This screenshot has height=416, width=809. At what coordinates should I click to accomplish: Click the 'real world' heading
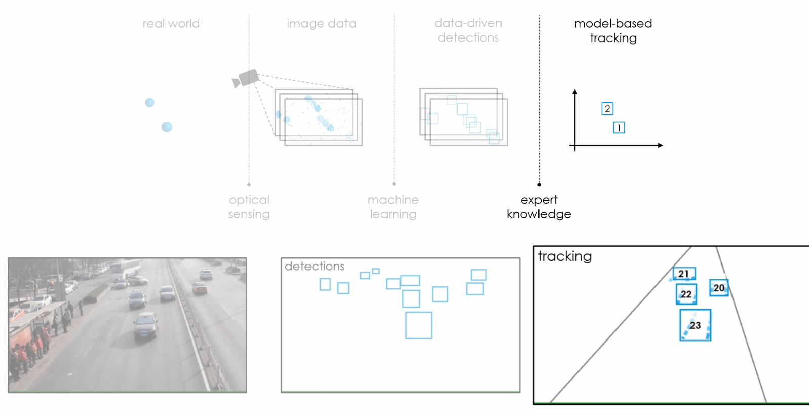pyautogui.click(x=171, y=24)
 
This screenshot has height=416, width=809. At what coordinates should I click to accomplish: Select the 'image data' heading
pyautogui.click(x=321, y=24)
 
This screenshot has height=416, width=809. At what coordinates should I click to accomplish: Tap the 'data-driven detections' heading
pyautogui.click(x=468, y=30)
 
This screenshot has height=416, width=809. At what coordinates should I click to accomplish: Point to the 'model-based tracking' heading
pyautogui.click(x=613, y=30)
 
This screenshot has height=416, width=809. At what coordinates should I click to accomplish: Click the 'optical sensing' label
pyautogui.click(x=249, y=207)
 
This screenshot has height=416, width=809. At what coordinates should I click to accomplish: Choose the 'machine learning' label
pyautogui.click(x=393, y=207)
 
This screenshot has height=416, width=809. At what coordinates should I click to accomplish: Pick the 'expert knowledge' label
pyautogui.click(x=538, y=207)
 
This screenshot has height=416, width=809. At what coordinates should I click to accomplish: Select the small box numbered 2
pyautogui.click(x=607, y=108)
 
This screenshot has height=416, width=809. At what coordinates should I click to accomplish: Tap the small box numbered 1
pyautogui.click(x=619, y=128)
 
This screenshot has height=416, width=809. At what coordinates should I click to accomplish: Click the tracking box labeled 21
pyautogui.click(x=684, y=274)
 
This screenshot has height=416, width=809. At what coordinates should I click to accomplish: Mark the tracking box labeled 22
pyautogui.click(x=686, y=294)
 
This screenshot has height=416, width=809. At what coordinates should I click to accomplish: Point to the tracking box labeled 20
pyautogui.click(x=719, y=288)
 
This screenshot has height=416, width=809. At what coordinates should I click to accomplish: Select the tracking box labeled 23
pyautogui.click(x=695, y=325)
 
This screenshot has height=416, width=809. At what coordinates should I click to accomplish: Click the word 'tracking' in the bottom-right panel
pyautogui.click(x=564, y=256)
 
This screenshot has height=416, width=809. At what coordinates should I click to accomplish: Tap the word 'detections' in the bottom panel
pyautogui.click(x=314, y=266)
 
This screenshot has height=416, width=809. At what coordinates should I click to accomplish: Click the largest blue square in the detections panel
pyautogui.click(x=418, y=325)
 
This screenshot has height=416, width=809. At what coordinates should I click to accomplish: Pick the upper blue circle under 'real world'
pyautogui.click(x=149, y=103)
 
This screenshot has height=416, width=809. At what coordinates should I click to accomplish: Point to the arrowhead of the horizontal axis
pyautogui.click(x=660, y=146)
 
